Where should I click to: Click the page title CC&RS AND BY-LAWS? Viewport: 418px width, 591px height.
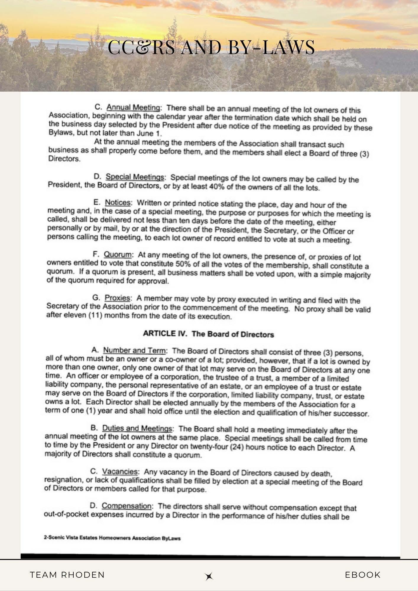click(211, 47)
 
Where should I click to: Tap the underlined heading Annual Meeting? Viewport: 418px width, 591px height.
click(134, 107)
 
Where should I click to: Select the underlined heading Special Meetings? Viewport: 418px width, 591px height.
click(135, 177)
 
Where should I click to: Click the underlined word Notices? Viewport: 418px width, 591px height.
click(118, 203)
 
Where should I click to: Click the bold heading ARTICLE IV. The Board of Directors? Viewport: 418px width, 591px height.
click(208, 334)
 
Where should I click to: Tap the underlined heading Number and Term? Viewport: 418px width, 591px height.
click(134, 351)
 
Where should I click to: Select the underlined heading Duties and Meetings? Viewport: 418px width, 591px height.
click(137, 428)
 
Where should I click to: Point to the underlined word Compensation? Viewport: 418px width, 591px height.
click(127, 506)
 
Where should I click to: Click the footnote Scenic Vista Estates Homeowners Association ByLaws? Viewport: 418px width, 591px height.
click(112, 538)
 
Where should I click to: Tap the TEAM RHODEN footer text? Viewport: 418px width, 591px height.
click(67, 575)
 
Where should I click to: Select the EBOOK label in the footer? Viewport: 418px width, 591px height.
click(363, 575)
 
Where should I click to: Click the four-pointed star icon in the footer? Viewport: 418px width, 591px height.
click(209, 576)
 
